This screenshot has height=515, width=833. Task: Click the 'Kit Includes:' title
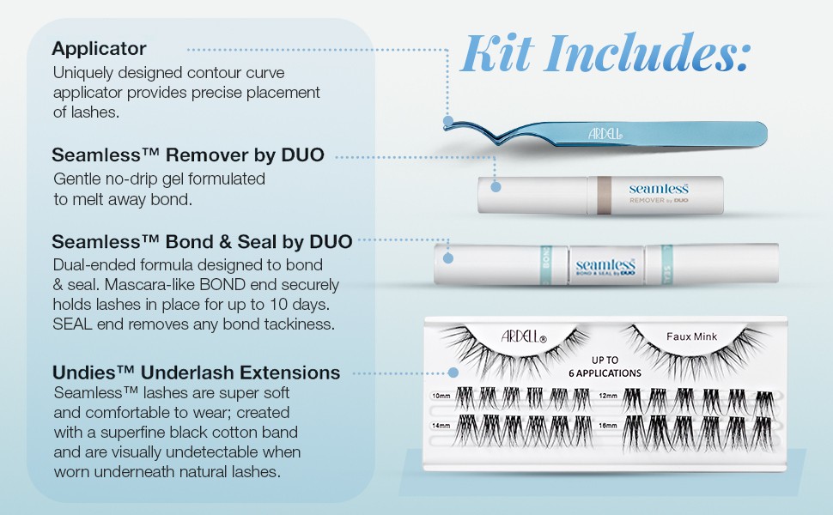tap(605, 52)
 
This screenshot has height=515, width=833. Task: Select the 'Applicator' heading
tap(99, 48)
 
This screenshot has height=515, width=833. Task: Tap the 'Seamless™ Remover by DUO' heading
tap(188, 154)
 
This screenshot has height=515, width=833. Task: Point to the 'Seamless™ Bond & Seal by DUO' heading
tap(202, 241)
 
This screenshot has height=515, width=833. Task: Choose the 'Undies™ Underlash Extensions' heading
tap(196, 373)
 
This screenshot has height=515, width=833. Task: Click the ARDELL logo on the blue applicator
tap(605, 133)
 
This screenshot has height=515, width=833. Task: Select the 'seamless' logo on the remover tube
tap(659, 189)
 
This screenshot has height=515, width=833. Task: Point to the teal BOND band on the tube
tap(546, 264)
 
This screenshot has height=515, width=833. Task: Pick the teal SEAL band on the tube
tap(666, 264)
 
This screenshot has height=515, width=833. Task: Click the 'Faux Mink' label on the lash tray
tap(691, 336)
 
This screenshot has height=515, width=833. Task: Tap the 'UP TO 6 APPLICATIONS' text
tap(605, 367)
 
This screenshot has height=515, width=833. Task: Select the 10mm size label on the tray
tap(441, 396)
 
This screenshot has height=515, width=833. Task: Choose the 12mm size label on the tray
tap(608, 396)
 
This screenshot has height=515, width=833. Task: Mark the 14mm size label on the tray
tap(441, 425)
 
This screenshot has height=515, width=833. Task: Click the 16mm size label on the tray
tap(608, 425)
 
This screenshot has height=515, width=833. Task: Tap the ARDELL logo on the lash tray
tap(524, 336)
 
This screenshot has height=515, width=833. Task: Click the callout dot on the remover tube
tap(496, 187)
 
